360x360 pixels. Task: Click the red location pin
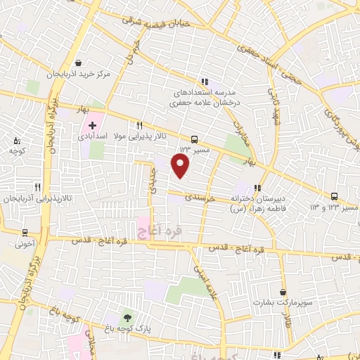pos(181,166)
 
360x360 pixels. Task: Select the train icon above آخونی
pos(25,233)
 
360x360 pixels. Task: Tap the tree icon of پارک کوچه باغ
pos(127,315)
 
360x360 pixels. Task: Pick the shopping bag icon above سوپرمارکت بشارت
pos(283,292)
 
